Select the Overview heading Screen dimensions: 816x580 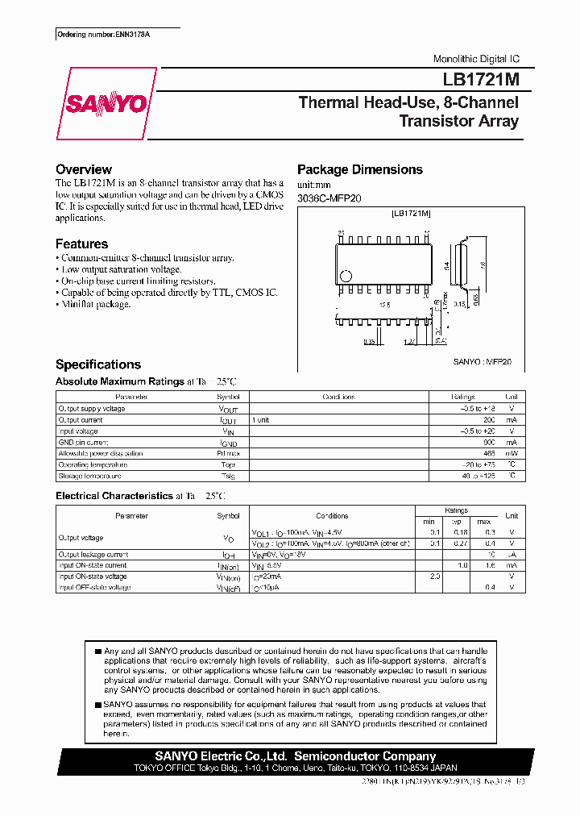(x=84, y=169)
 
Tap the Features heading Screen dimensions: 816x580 (x=81, y=244)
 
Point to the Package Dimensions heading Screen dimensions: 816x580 (x=360, y=169)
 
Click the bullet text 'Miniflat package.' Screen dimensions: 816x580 (x=96, y=304)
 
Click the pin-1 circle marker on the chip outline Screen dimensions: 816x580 (x=346, y=276)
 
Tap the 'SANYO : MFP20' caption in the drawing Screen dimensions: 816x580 (x=482, y=362)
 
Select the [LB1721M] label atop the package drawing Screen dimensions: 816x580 (x=412, y=213)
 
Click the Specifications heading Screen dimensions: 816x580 (x=98, y=364)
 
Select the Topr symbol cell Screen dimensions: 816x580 (x=229, y=465)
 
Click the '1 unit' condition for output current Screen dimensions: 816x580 (x=260, y=420)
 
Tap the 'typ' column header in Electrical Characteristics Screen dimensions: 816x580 (x=459, y=522)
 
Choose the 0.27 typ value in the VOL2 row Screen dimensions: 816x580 (x=459, y=543)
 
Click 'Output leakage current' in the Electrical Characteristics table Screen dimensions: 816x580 (x=93, y=555)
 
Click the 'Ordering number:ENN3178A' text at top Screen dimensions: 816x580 (x=91, y=35)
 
